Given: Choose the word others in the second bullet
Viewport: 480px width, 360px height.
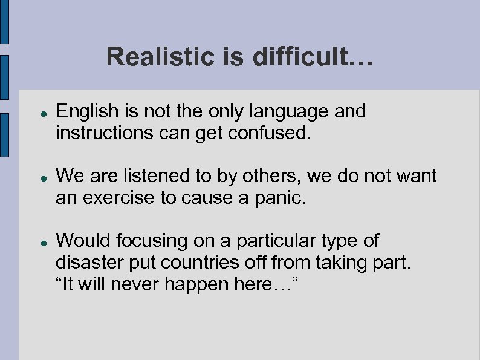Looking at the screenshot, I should pos(271,176).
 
